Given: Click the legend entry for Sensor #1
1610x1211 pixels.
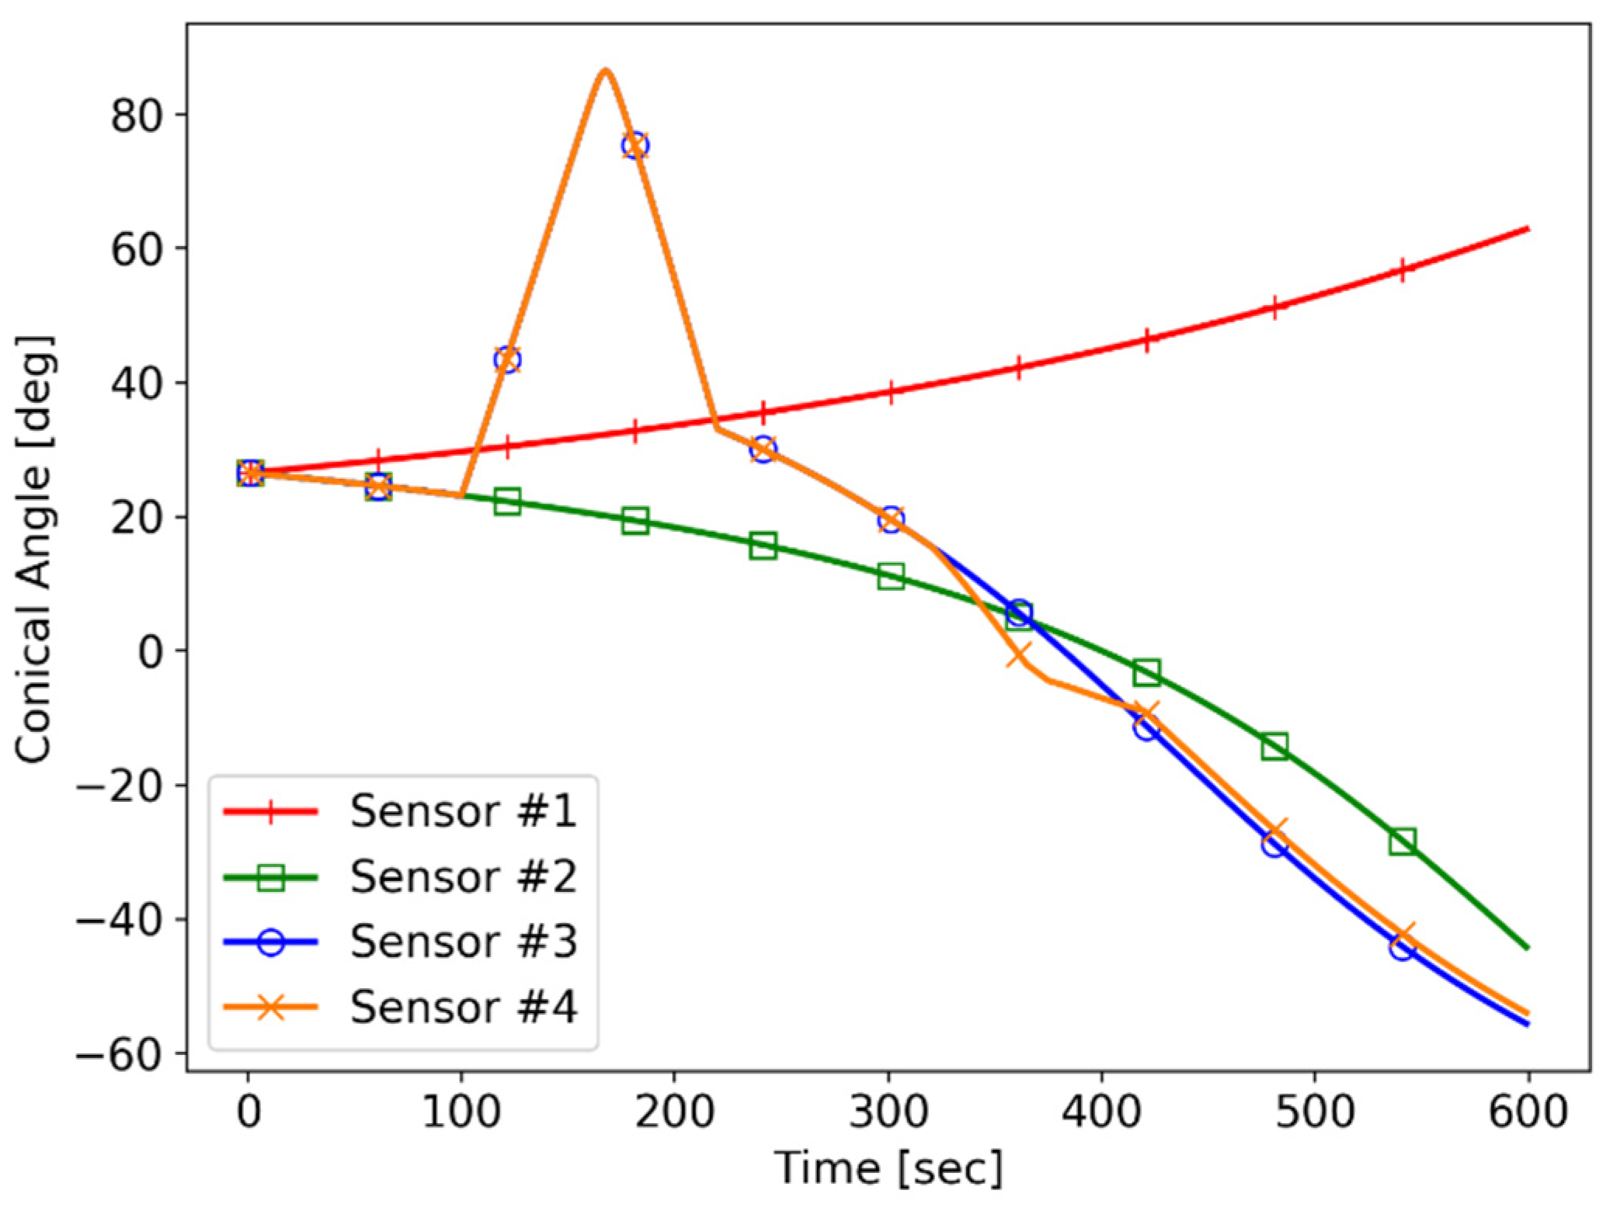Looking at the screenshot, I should (463, 811).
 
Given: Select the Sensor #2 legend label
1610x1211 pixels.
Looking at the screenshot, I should (463, 877).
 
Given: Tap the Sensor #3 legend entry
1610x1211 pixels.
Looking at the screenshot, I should (463, 942).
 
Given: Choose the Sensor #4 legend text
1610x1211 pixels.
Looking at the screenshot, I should (463, 1008).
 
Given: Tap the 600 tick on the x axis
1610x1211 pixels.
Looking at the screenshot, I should (1527, 1112).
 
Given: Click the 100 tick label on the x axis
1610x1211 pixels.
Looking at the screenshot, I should (461, 1112).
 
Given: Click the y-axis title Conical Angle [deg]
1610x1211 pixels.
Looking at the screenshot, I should (34, 549).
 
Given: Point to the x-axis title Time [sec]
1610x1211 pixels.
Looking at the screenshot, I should (888, 1168).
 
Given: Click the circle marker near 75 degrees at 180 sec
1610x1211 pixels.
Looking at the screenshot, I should (635, 145).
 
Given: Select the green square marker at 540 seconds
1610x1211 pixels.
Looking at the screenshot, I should (1402, 841).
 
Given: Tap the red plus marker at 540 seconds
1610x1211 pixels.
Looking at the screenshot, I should (1402, 270).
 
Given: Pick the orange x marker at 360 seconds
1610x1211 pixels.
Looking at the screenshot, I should (1018, 654).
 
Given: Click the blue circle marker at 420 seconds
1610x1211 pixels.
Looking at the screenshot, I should (1146, 728).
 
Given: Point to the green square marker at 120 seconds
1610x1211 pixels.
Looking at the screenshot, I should (507, 501).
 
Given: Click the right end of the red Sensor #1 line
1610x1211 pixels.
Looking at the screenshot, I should (1527, 229).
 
